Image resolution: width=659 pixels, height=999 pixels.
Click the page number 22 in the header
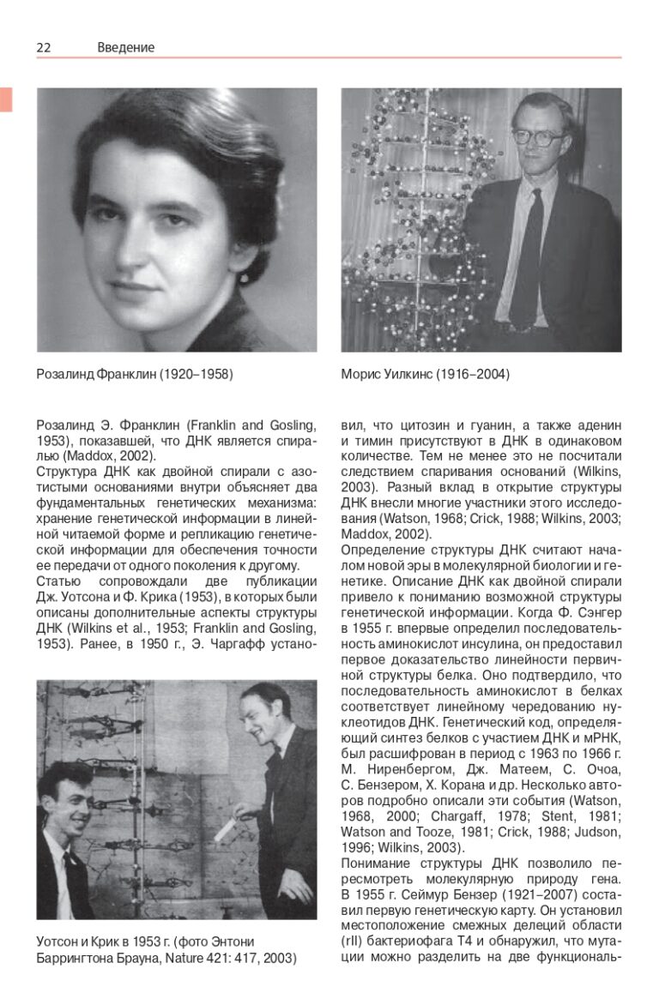44,48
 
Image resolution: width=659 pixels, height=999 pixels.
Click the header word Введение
126,48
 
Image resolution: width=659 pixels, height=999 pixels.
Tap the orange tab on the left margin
6,99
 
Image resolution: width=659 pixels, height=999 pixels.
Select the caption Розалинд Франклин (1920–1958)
135,375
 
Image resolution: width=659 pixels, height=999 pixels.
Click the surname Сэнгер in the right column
595,612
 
